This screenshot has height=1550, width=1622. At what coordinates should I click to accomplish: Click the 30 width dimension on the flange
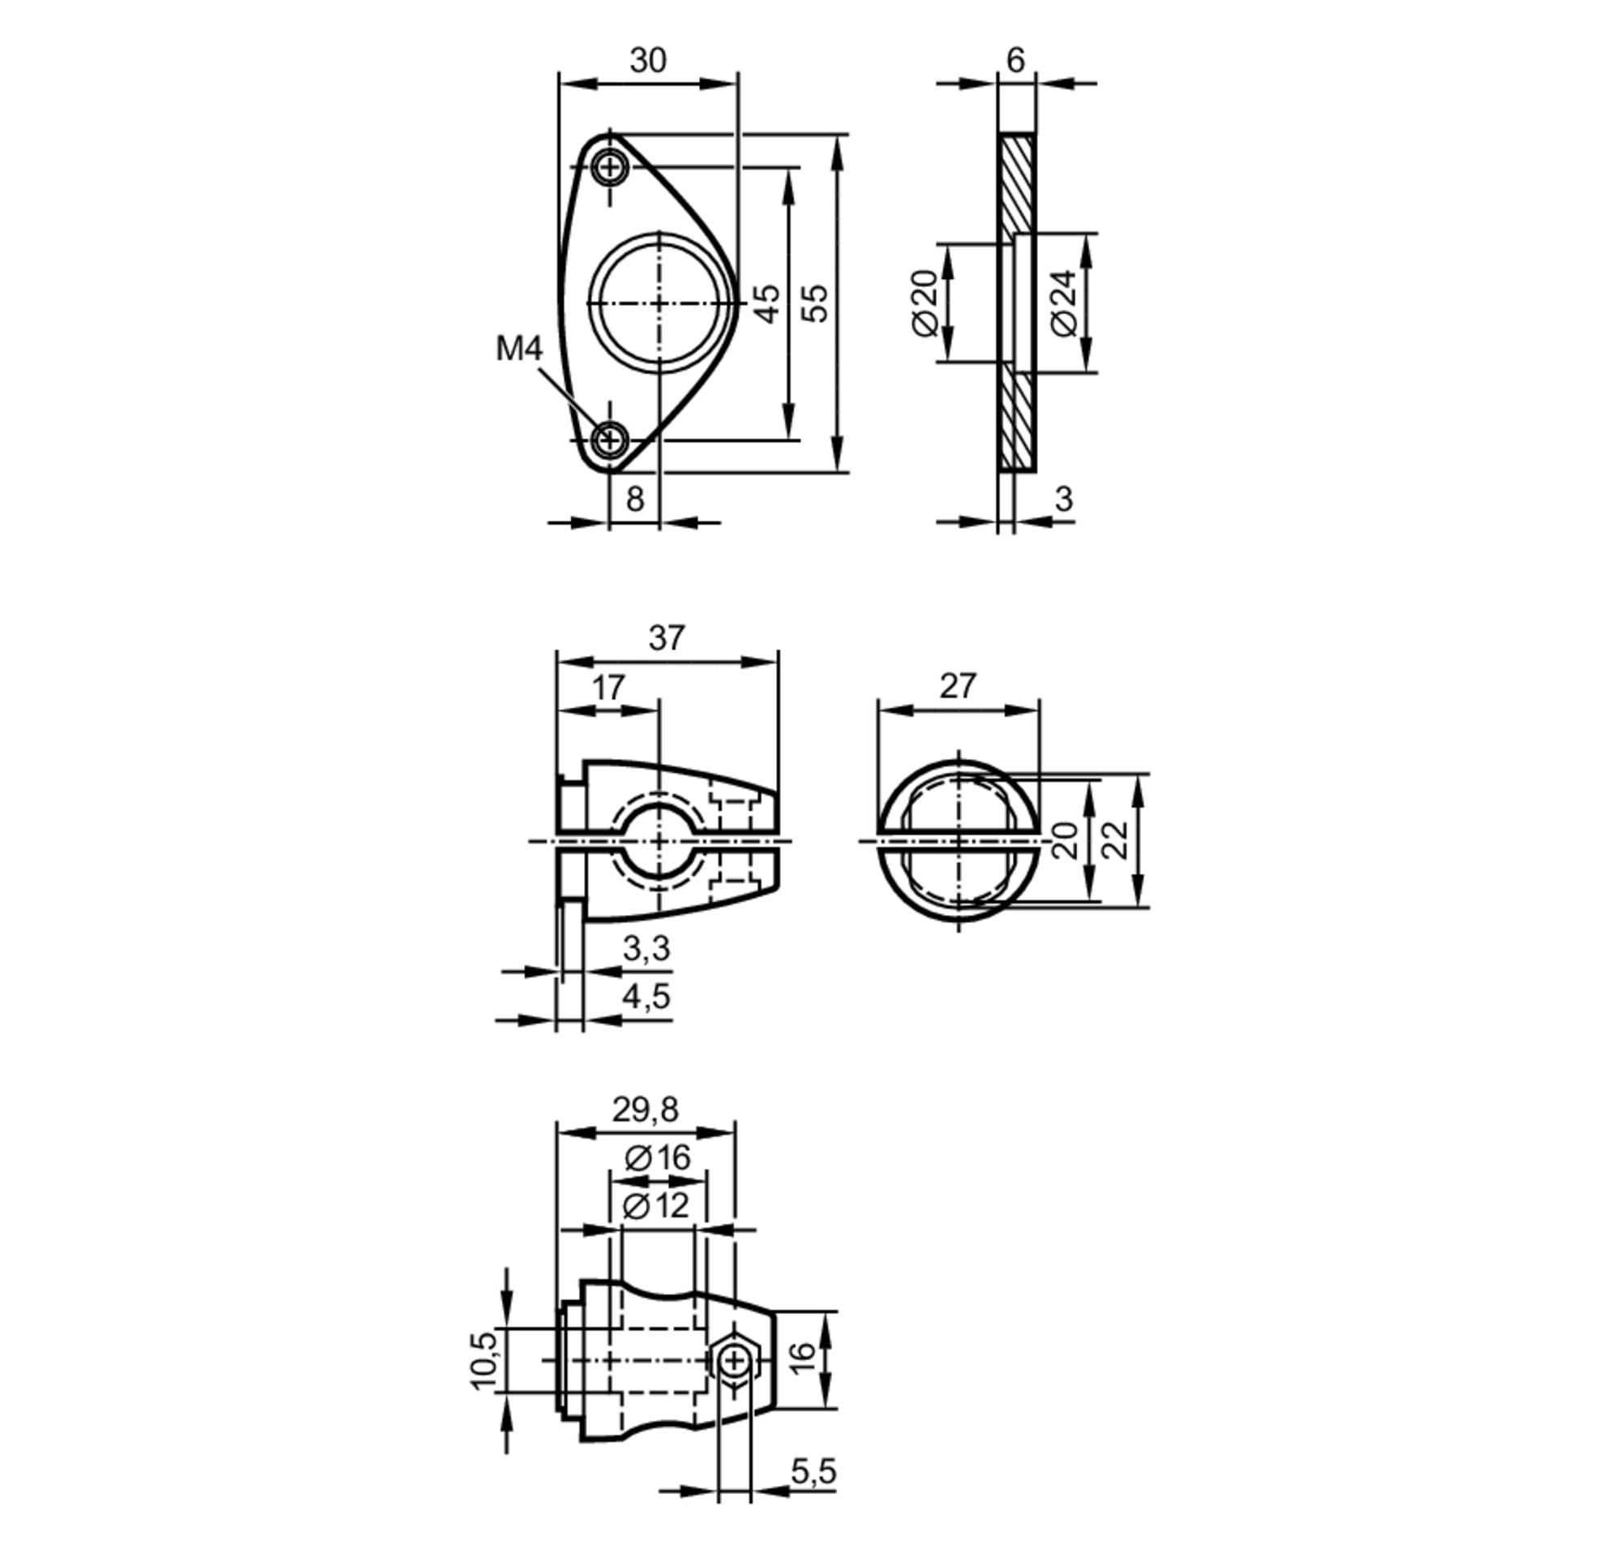[x=647, y=61]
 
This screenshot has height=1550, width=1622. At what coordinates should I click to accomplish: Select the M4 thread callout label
[x=519, y=349]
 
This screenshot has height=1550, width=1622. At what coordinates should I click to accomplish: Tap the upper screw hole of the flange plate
[x=610, y=168]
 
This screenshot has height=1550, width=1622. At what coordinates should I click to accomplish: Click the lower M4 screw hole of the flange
[x=610, y=439]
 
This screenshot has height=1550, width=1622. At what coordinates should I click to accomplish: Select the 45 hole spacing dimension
[x=768, y=303]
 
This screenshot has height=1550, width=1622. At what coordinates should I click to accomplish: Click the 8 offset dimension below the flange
[x=634, y=499]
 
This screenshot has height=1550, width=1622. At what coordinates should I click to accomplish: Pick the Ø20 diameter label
[x=927, y=303]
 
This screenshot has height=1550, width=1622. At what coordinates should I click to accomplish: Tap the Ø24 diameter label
[x=1066, y=303]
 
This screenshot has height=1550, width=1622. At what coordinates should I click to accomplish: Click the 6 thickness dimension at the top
[x=1015, y=60]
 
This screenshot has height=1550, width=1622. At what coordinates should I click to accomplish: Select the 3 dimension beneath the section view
[x=1063, y=499]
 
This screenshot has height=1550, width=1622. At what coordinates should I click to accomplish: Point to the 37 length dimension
[x=666, y=638]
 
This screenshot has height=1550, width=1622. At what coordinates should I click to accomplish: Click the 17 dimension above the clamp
[x=609, y=688]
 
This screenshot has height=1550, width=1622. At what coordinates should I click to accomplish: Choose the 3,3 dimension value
[x=646, y=949]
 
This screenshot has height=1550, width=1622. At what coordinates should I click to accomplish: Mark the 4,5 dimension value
[x=646, y=998]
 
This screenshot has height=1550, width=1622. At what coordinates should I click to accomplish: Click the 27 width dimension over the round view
[x=958, y=685]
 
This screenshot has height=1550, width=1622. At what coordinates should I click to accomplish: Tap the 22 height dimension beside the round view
[x=1115, y=840]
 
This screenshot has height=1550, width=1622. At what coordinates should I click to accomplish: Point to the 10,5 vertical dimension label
[x=485, y=1359]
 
